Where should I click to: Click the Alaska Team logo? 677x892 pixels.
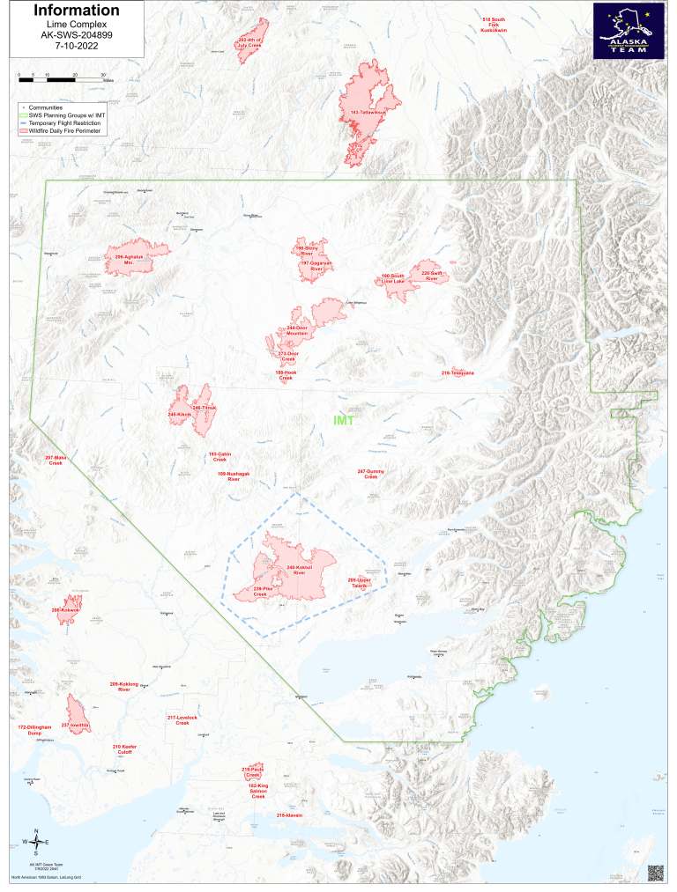pos(629,30)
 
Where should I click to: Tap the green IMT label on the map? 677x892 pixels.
pos(343,421)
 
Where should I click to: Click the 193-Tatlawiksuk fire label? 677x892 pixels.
pos(368,114)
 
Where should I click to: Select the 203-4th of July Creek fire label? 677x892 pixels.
pos(250,43)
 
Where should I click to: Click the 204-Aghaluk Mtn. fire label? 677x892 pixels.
pos(129,259)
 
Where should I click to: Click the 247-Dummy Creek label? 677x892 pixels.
pos(370,475)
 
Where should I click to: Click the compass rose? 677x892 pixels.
pos(35,842)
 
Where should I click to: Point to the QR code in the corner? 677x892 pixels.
pos(655,872)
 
